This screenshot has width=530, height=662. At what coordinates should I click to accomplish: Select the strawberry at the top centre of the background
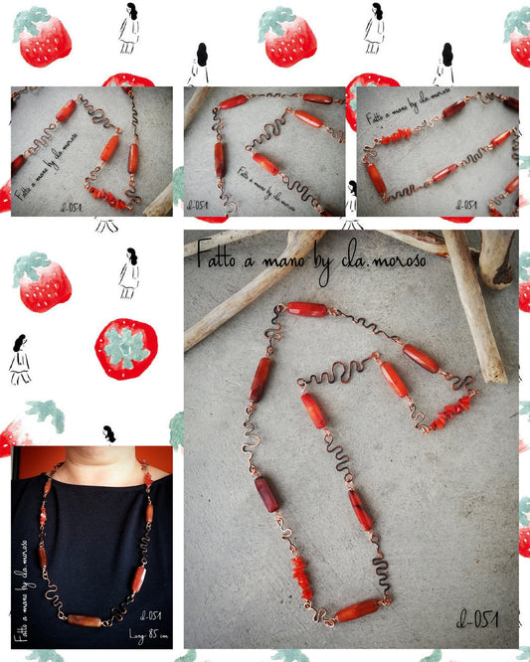point(287,37)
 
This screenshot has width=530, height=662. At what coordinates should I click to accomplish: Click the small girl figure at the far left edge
point(20,359)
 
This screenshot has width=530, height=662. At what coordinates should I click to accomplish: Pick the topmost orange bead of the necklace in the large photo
point(307,309)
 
